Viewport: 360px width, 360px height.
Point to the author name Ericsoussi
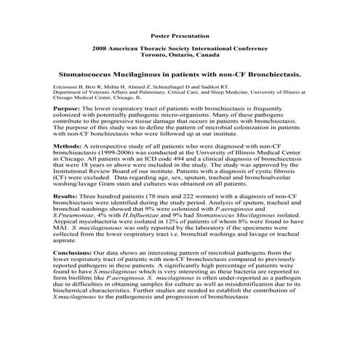coord(66,87)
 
